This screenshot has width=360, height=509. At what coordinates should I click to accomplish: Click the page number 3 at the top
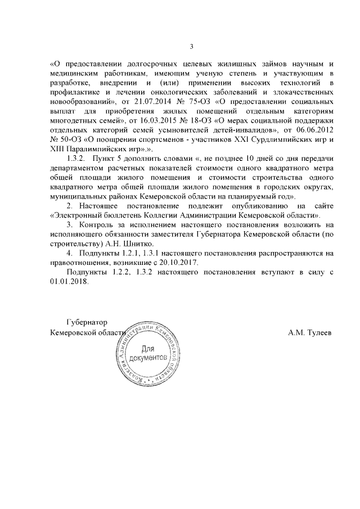[192, 46]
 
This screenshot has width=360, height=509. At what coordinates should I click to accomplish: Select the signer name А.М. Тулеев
[309, 332]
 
